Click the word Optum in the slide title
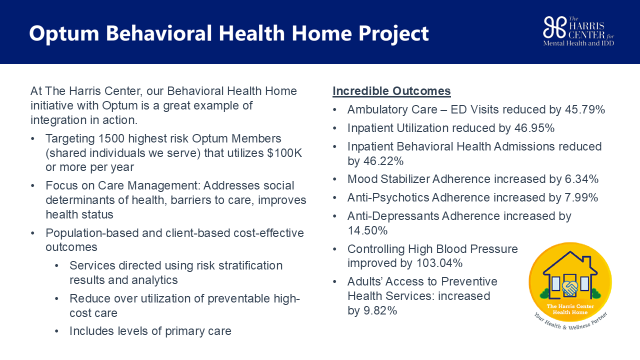pyautogui.click(x=64, y=34)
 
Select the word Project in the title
pyautogui.click(x=393, y=34)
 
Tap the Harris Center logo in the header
pyautogui.click(x=578, y=31)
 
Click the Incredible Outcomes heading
pyautogui.click(x=391, y=91)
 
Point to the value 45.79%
pyautogui.click(x=585, y=109)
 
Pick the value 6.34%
pyautogui.click(x=581, y=179)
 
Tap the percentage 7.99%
pyautogui.click(x=581, y=197)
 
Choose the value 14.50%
pyautogui.click(x=367, y=230)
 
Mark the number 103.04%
pyautogui.click(x=439, y=263)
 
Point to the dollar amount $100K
pyautogui.click(x=284, y=153)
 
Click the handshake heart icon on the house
pyautogui.click(x=570, y=288)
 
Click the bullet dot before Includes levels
pyautogui.click(x=56, y=331)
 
